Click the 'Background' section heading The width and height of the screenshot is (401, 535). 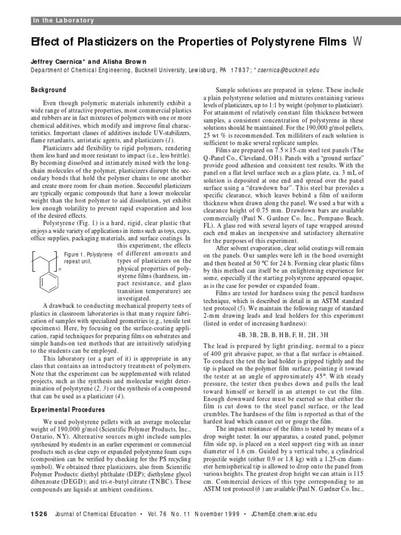pyautogui.click(x=49, y=90)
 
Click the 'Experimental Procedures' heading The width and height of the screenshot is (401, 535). pyautogui.click(x=68, y=410)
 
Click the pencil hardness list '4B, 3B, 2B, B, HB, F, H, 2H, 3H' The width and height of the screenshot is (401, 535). pyautogui.click(x=289, y=333)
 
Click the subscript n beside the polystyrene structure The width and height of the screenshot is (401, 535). pyautogui.click(x=60, y=270)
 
